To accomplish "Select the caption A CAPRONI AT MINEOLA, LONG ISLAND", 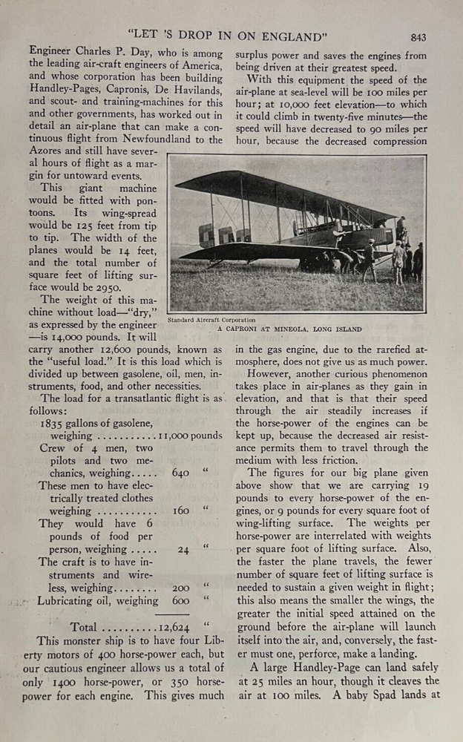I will click(290, 328).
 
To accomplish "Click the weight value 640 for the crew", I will click(180, 473).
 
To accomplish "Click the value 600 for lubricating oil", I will click(180, 601).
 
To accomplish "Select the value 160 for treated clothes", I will click(181, 510).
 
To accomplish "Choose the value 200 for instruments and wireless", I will click(180, 587).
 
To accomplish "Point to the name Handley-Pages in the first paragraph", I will click(65, 88).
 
